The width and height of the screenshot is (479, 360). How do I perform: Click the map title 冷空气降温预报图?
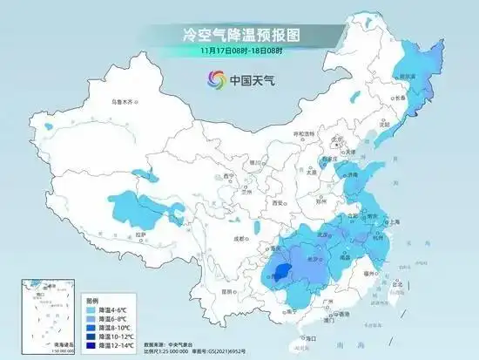tap(239, 36)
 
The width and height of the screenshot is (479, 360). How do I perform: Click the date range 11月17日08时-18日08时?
tap(239, 51)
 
